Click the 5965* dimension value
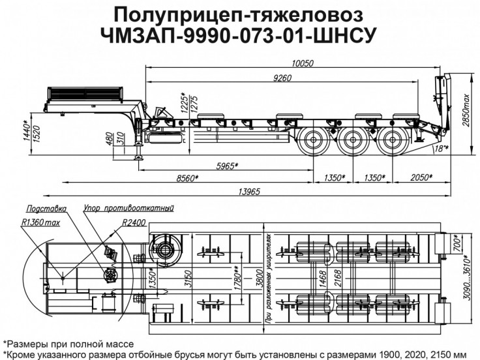(x=226, y=165)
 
